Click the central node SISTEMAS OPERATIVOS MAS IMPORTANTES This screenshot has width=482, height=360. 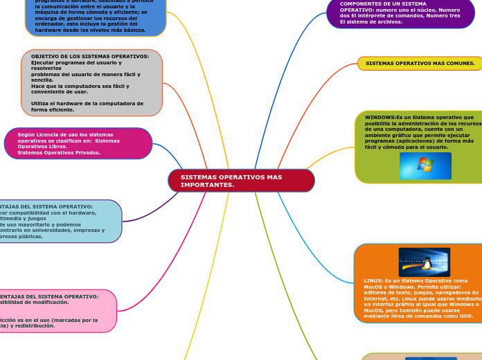tap(241, 181)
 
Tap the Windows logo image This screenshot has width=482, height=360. tap(425, 165)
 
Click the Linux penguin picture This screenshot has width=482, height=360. tap(425, 262)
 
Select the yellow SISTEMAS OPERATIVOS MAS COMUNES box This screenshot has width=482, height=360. tap(420, 64)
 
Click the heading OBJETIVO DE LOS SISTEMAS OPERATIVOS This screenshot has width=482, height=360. tap(90, 56)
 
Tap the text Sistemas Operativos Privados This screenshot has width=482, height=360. tap(59, 152)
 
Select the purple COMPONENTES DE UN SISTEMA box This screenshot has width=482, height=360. tap(400, 13)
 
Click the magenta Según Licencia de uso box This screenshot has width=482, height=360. tap(78, 143)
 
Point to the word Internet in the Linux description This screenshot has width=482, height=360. tap(377, 298)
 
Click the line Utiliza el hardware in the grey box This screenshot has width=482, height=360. tap(87, 103)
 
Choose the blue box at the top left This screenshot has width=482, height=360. tap(96, 18)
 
